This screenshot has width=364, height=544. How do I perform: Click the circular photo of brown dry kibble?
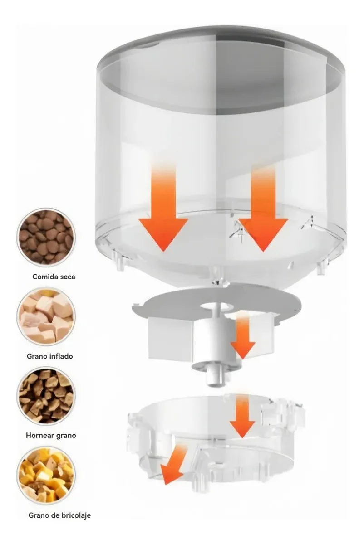[x=45, y=236]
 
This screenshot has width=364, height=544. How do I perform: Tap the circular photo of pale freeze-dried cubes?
[x=45, y=316]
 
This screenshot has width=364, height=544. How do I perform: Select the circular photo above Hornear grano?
[x=45, y=395]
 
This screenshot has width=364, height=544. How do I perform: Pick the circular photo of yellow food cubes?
[x=45, y=475]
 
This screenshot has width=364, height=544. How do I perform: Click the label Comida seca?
[x=54, y=276]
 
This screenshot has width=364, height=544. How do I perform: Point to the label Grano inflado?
[x=49, y=356]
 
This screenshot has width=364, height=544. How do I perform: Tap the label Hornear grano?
[x=51, y=435]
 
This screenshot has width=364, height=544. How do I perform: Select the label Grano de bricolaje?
[x=59, y=515]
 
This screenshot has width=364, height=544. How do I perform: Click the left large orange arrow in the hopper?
[x=163, y=218]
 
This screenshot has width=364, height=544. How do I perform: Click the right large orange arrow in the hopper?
[x=264, y=218]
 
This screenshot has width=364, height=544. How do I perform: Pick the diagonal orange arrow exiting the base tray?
[x=175, y=465]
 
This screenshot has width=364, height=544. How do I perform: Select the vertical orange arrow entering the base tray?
[x=242, y=417]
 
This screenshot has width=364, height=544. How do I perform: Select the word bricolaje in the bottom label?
[x=74, y=515]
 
